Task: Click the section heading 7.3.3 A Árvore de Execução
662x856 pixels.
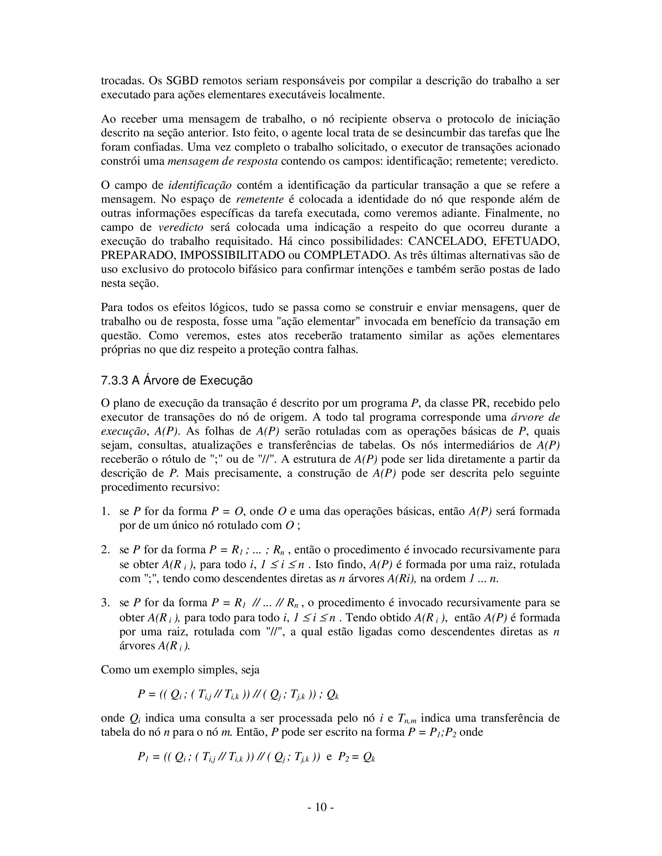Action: [x=176, y=381]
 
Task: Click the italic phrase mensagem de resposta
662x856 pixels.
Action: [x=222, y=161]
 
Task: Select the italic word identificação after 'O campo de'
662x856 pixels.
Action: [x=200, y=185]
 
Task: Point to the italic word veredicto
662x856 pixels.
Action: [x=181, y=227]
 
